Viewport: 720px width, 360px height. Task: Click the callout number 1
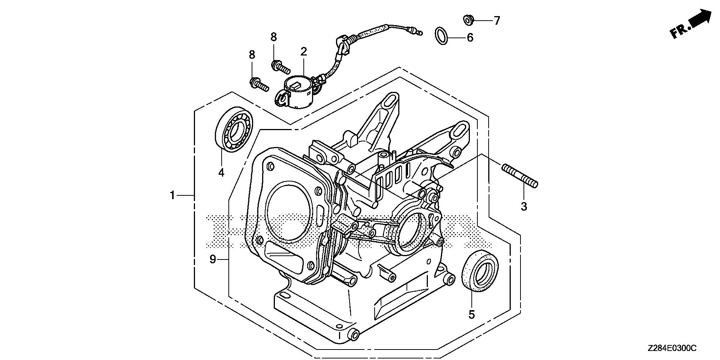[x=172, y=195]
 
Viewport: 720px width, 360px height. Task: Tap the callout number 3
[x=524, y=206]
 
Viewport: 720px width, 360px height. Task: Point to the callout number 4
[x=221, y=173]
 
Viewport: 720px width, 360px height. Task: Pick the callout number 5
[x=471, y=314]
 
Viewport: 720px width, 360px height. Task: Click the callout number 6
[x=470, y=37]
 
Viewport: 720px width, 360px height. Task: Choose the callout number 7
[x=497, y=21]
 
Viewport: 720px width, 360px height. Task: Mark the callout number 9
[x=213, y=259]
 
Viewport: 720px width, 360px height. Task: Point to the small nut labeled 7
[x=468, y=20]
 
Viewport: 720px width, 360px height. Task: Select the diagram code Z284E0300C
[x=672, y=348]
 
